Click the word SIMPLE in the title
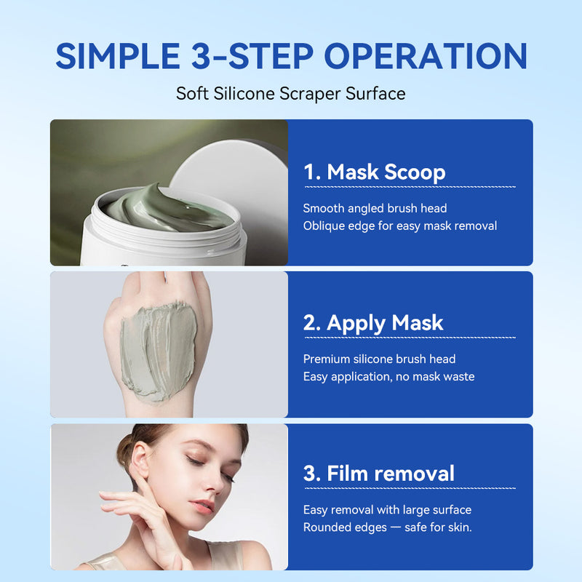[118, 56]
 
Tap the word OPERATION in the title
[426, 56]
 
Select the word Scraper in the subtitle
[311, 94]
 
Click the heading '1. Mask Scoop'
[375, 172]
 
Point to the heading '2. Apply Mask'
[373, 323]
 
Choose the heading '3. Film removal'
[379, 474]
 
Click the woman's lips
[202, 506]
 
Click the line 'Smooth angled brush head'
[375, 208]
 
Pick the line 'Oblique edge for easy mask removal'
[399, 226]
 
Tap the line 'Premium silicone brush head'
[379, 359]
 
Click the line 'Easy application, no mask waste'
[388, 377]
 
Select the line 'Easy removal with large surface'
[387, 510]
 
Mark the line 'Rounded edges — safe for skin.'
[388, 527]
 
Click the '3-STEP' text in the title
[252, 56]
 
